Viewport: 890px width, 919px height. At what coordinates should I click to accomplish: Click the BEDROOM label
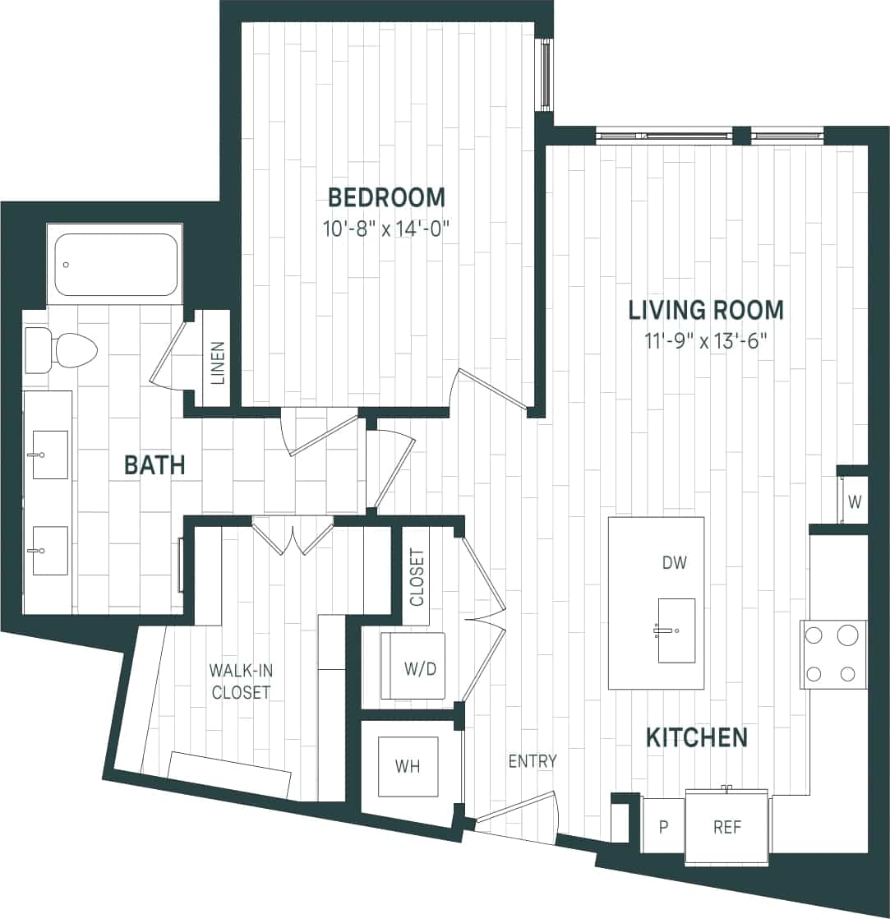point(386,197)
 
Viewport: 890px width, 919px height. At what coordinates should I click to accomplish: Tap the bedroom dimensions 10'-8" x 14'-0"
point(386,227)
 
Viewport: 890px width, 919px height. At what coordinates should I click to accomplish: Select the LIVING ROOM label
point(705,310)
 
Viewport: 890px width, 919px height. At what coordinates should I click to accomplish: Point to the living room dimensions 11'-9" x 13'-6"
point(705,339)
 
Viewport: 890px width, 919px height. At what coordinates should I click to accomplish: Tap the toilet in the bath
point(61,350)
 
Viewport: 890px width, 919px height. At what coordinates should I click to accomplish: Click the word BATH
point(154,465)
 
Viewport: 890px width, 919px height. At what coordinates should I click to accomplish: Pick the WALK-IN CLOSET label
point(240,681)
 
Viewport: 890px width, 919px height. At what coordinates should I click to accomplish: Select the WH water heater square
point(408,766)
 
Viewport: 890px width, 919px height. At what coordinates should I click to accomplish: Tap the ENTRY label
point(532,761)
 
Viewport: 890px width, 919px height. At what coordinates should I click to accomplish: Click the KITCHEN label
point(696,737)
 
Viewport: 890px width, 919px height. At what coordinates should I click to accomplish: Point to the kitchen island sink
point(676,630)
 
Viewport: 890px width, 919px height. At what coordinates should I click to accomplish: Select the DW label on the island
point(673,563)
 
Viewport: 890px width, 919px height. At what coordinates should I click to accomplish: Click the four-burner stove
point(833,654)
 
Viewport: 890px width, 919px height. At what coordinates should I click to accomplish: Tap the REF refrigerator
point(726,827)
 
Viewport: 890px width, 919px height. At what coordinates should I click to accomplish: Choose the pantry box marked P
point(663,827)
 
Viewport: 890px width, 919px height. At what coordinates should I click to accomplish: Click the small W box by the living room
point(854,502)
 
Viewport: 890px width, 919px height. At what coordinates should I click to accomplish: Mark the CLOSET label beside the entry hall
point(417,577)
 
